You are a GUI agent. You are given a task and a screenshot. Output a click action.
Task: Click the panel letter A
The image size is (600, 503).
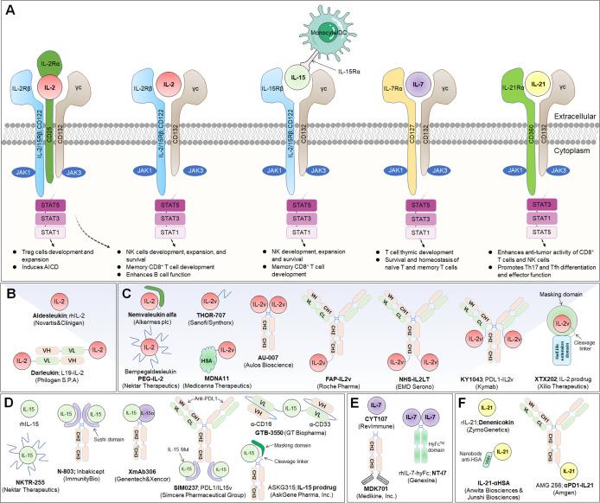pos(12,10)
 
